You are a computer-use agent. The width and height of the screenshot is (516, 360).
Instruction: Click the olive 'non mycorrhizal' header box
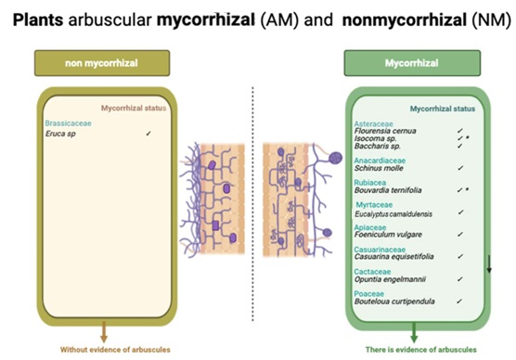point(102,63)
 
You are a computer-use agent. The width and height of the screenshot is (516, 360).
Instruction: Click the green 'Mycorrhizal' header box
point(412,63)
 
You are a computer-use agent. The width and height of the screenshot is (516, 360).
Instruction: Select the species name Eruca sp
point(60,134)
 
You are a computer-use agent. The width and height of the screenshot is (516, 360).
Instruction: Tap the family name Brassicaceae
point(68,123)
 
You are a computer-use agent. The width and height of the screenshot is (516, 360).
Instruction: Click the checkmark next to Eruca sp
point(148,134)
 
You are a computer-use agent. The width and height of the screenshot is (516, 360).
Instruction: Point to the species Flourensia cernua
point(385,131)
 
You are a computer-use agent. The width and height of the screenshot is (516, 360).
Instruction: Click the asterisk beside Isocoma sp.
point(468,137)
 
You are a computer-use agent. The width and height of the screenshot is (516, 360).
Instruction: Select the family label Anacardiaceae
point(380,161)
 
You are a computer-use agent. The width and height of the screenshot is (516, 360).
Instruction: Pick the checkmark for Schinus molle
point(460,168)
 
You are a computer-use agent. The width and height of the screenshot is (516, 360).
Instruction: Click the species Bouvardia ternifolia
point(388,190)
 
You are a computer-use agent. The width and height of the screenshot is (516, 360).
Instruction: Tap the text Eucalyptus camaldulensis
point(393,214)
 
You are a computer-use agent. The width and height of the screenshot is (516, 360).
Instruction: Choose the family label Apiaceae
point(370,227)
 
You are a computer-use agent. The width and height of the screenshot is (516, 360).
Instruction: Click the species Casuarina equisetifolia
point(393,256)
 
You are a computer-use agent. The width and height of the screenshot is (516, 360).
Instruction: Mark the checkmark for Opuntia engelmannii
point(460,279)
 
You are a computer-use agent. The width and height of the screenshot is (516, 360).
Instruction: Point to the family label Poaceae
point(368,293)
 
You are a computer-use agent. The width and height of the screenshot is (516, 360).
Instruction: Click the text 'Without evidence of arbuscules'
point(115,350)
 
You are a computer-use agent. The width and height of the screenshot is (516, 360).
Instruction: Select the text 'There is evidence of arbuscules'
point(421,350)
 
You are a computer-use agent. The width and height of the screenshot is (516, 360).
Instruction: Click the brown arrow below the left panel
point(104,331)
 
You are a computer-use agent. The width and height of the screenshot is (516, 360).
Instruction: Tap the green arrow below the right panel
point(414,332)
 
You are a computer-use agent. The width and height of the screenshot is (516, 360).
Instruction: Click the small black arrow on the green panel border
point(489,264)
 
